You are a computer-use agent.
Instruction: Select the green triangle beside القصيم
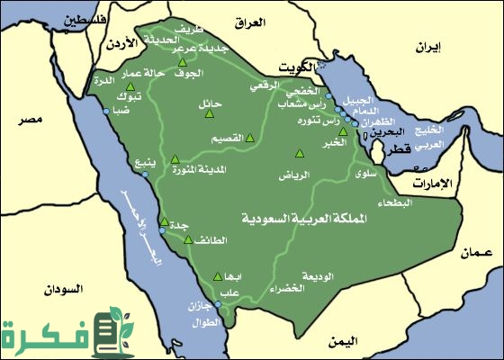tap(250, 138)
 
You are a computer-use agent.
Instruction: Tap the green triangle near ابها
tap(217, 277)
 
